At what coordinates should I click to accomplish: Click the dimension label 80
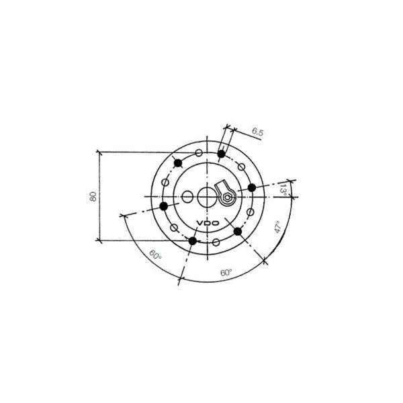(x=93, y=196)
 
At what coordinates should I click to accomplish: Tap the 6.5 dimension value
(x=257, y=132)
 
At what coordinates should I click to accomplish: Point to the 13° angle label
(x=283, y=189)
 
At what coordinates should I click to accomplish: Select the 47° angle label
(x=277, y=227)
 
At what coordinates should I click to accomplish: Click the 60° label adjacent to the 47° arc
(x=226, y=273)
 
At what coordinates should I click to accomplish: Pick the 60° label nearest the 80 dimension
(x=155, y=255)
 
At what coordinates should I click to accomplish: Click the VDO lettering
(x=208, y=223)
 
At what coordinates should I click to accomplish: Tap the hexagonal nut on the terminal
(x=228, y=197)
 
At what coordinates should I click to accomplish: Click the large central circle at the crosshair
(x=207, y=197)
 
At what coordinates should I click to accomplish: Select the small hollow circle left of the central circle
(x=187, y=197)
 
